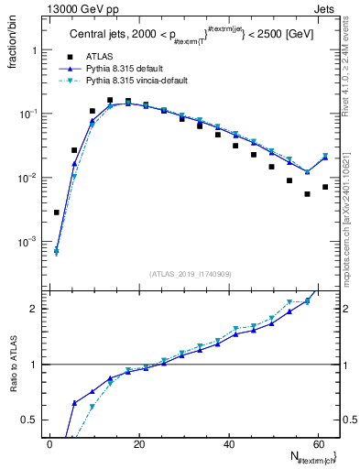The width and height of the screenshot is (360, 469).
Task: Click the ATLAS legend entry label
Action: pyautogui.click(x=101, y=57)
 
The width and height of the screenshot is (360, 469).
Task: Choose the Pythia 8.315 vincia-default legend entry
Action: pyautogui.click(x=136, y=81)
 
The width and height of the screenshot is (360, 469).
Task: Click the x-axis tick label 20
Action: pyautogui.click(x=138, y=443)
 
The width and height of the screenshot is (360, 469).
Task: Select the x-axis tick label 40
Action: pyautogui.click(x=227, y=443)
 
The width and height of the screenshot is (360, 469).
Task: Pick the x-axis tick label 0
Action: pyautogui.click(x=49, y=443)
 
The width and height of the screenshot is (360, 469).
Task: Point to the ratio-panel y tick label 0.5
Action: pyautogui.click(x=28, y=420)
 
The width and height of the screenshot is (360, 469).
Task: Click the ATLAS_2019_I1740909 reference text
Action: pyautogui.click(x=190, y=274)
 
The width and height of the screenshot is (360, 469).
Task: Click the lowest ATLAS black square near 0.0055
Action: pyautogui.click(x=307, y=194)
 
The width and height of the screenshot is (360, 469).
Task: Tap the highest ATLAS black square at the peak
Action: pyautogui.click(x=110, y=100)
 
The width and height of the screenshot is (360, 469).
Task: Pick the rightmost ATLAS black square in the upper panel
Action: pyautogui.click(x=325, y=187)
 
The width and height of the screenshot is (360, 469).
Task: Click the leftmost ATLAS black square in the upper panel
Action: pyautogui.click(x=57, y=213)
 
